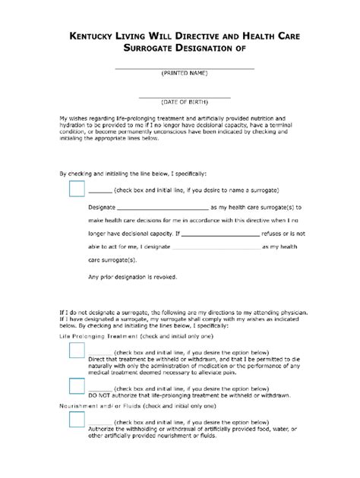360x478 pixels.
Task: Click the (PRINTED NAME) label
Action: coord(184,74)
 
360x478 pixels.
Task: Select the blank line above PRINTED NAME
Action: coord(184,68)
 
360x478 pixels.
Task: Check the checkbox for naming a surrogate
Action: coord(77,189)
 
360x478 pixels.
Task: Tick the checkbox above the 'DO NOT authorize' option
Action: coord(77,386)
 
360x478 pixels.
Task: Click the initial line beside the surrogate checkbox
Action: coord(100,189)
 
